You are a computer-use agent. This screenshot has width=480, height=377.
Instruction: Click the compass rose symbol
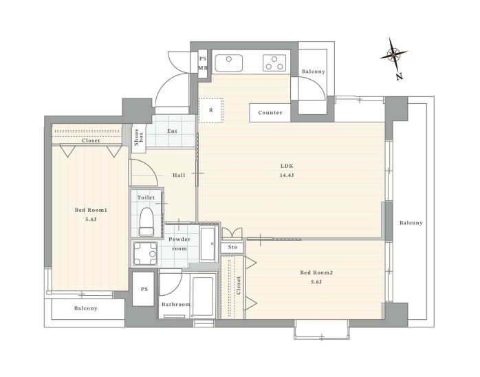[x=393, y=55]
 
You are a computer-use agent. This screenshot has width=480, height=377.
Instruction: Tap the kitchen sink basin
[x=229, y=63]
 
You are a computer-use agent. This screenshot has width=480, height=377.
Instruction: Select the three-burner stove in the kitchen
[x=274, y=63]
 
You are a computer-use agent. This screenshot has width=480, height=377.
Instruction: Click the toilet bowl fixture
[x=146, y=222]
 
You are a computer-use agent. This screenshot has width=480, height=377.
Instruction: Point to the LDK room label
[x=287, y=166]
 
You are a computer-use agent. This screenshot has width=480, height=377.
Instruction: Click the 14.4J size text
[x=287, y=175]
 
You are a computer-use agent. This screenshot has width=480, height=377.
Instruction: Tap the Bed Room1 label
[x=91, y=210]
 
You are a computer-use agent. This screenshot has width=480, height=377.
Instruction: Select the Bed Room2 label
[x=316, y=272]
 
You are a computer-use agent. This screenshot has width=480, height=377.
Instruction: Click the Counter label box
[x=270, y=113]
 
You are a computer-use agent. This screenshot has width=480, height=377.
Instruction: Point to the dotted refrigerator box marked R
[x=211, y=110]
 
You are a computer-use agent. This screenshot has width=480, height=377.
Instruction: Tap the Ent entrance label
[x=173, y=131]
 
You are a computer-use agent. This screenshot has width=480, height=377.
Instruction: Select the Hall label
[x=179, y=175]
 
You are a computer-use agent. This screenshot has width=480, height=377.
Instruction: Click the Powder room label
[x=179, y=244]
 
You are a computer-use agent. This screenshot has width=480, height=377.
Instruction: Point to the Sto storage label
[x=232, y=247]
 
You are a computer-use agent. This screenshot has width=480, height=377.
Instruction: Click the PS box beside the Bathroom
[x=143, y=289]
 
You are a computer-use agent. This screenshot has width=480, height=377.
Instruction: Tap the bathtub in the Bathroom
[x=203, y=297]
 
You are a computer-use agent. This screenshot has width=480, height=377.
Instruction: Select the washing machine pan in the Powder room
[x=145, y=253]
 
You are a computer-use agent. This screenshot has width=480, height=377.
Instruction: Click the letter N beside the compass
[x=399, y=76]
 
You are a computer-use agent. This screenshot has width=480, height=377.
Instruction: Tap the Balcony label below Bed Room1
[x=86, y=308]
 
